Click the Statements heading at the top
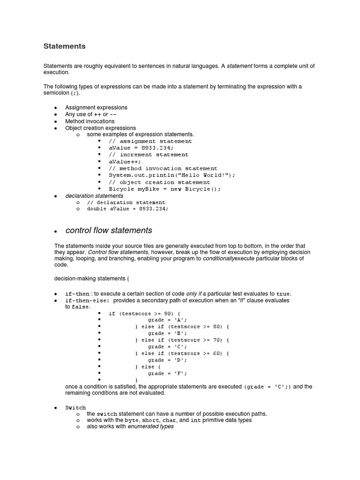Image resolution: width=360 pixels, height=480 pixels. (64, 46)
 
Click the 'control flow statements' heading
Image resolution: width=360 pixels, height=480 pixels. (109, 230)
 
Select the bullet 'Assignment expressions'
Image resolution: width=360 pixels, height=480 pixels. (96, 107)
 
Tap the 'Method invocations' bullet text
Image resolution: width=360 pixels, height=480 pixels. (90, 121)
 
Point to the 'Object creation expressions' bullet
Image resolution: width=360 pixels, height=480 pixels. (100, 128)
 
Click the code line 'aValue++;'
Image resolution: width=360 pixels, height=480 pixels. (125, 161)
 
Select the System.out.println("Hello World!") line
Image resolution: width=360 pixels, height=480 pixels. (172, 175)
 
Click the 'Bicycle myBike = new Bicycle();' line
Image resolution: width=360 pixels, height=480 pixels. (165, 189)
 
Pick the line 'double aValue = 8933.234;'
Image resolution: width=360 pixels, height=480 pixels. (127, 209)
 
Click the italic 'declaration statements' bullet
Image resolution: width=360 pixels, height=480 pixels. (94, 195)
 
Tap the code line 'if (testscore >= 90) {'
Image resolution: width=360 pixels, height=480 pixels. (144, 313)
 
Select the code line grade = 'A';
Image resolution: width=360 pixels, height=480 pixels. (167, 320)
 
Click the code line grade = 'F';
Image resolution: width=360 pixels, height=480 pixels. (167, 373)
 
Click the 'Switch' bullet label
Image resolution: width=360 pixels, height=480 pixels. (75, 408)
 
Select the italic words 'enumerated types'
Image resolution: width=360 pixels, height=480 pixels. (150, 427)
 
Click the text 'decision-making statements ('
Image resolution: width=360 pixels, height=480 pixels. (91, 278)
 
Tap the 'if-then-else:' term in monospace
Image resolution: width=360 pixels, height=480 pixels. (87, 300)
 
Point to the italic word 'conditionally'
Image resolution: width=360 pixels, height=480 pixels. (218, 258)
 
